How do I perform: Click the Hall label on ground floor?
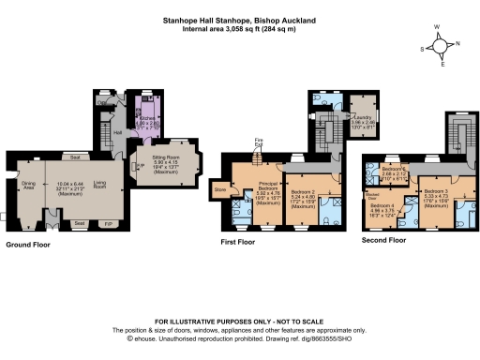coord(118,132)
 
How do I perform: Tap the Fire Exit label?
coord(260,143)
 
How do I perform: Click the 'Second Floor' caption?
coord(384,240)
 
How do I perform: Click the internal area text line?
coord(239,30)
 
